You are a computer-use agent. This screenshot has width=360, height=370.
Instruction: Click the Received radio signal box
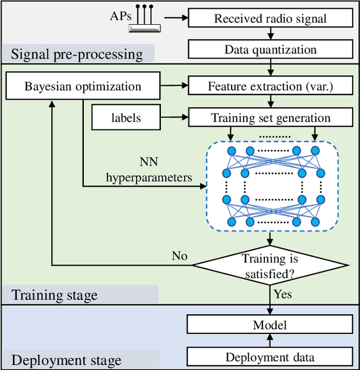(270, 18)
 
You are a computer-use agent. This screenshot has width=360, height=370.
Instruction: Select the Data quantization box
(270, 49)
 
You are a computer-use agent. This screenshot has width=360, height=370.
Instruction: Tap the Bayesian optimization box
(83, 87)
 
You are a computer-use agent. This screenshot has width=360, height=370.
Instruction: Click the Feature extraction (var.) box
(270, 87)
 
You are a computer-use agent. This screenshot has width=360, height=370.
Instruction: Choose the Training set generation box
(270, 118)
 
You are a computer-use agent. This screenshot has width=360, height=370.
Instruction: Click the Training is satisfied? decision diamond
(270, 266)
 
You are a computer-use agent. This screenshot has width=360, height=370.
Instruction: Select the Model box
(270, 324)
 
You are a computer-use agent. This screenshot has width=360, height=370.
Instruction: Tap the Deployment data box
(270, 357)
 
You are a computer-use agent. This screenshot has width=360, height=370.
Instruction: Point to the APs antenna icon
(145, 20)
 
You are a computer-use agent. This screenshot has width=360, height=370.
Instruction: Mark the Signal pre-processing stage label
(76, 55)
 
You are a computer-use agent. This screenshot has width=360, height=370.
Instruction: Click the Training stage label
(55, 295)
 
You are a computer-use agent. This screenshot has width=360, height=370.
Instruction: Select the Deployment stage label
(66, 360)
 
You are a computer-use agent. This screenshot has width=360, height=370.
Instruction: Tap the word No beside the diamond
(179, 256)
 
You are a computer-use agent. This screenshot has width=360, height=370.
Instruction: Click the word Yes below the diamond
(282, 294)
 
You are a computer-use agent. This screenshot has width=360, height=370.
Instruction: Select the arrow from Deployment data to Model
(270, 340)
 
